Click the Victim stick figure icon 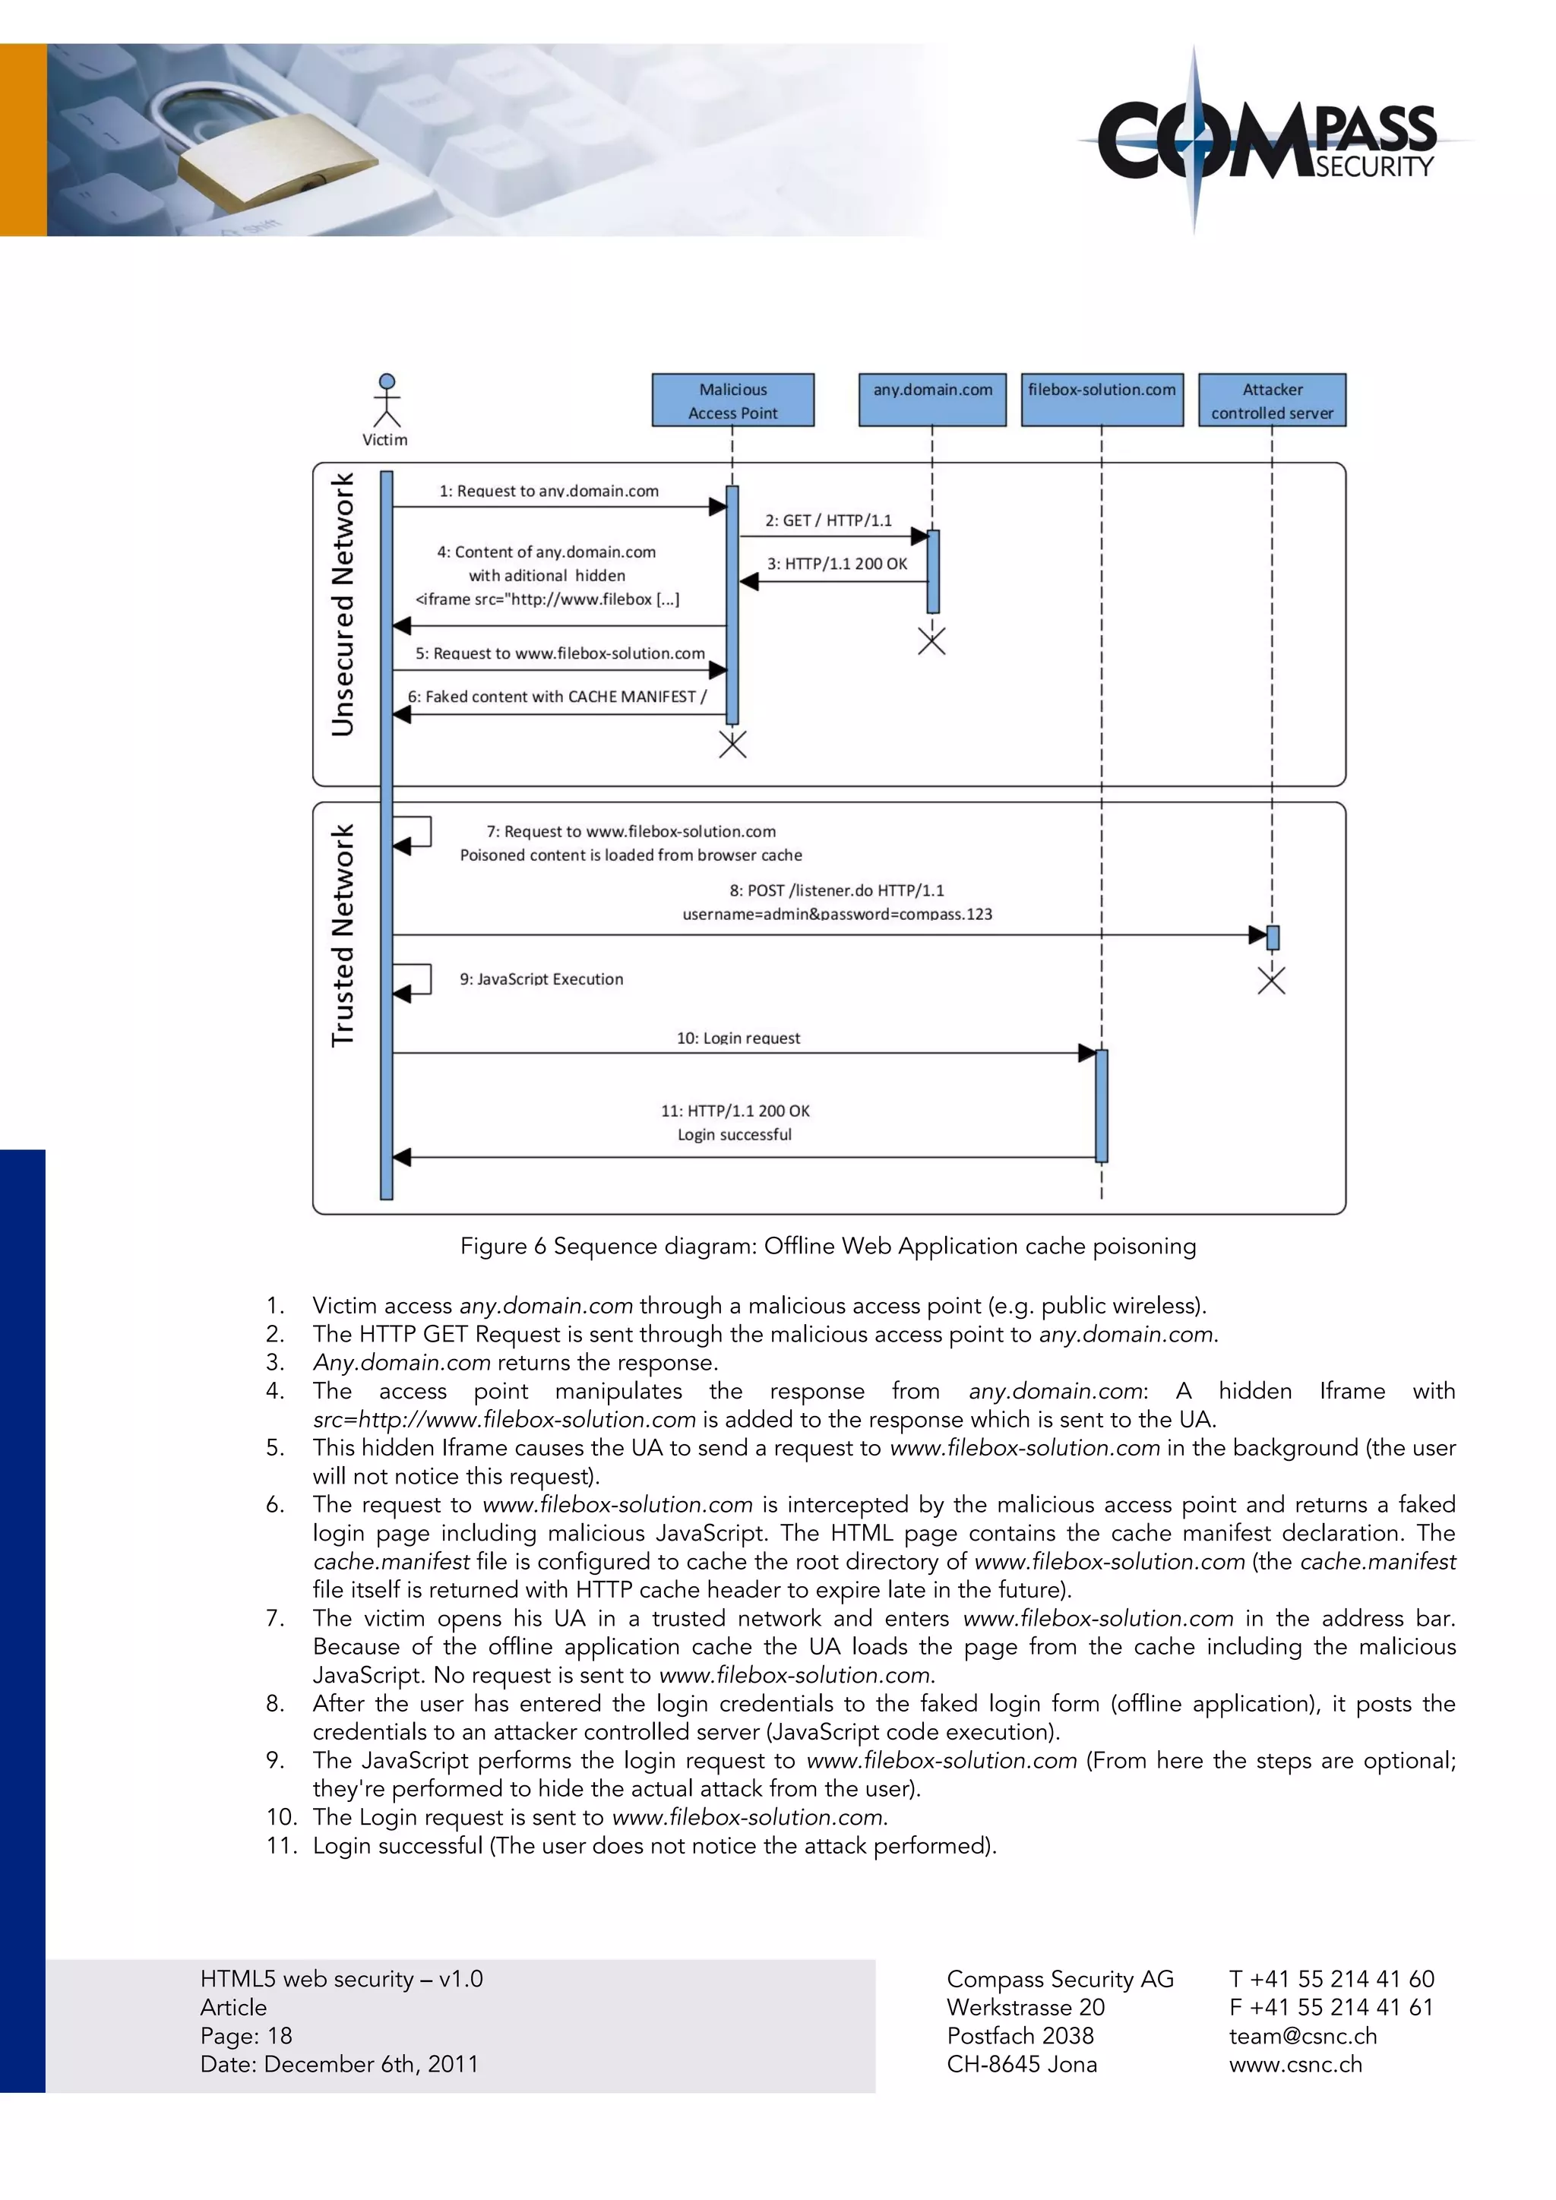[x=386, y=400]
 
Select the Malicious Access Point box [x=733, y=400]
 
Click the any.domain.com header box [x=932, y=400]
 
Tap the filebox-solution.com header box [x=1102, y=400]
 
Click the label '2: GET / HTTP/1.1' [x=828, y=520]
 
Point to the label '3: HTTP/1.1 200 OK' [x=837, y=564]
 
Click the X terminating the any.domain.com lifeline [x=931, y=641]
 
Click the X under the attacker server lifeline [x=1271, y=980]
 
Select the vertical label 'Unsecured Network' [x=343, y=605]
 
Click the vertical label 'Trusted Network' [x=343, y=935]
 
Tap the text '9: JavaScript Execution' [x=542, y=979]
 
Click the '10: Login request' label [x=738, y=1038]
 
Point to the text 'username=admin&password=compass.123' [x=837, y=914]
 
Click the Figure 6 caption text [x=828, y=1246]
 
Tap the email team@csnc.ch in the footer [x=1302, y=2036]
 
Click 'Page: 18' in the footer [x=246, y=2036]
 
